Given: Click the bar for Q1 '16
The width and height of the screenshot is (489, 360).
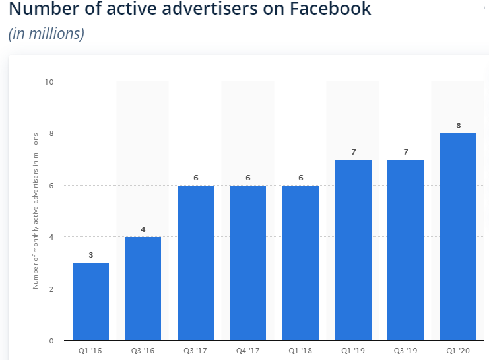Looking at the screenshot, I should click(x=90, y=301).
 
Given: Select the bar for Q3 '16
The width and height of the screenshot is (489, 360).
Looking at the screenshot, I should click(x=143, y=289).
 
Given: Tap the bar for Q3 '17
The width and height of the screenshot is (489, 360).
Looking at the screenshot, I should click(x=195, y=263).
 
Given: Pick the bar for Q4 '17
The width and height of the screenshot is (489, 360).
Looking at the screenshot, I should click(x=247, y=263).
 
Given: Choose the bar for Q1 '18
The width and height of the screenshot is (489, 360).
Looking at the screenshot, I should click(x=300, y=263).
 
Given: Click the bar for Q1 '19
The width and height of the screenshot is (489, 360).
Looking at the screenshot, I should click(x=353, y=250).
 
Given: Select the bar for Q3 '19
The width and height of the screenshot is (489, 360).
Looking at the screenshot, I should click(x=405, y=250).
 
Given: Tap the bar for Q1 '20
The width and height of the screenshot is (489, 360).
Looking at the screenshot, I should click(x=458, y=236).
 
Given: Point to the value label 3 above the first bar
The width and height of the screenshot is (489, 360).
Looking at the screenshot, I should click(x=90, y=255).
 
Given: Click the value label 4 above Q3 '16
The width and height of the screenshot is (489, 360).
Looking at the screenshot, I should click(x=143, y=229).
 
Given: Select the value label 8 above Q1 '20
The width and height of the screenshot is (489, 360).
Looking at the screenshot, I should click(x=458, y=126).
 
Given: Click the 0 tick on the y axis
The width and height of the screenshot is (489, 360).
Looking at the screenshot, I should click(x=51, y=341).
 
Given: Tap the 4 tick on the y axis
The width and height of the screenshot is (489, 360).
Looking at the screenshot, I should click(x=51, y=237).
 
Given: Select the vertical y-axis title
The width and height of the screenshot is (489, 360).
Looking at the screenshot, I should click(x=36, y=210).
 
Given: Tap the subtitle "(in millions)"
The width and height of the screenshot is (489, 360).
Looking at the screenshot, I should click(x=46, y=33).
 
